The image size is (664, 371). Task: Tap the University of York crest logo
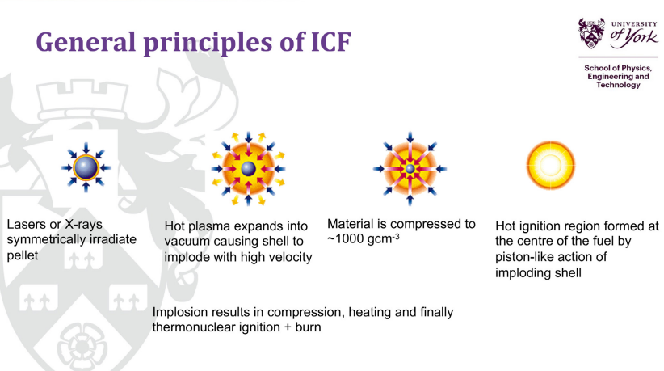coord(591,33)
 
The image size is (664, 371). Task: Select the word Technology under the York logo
coord(618,85)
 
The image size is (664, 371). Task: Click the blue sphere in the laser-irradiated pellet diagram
coord(86,167)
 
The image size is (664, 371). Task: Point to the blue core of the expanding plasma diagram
coord(249,169)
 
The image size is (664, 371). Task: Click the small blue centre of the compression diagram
coord(410,169)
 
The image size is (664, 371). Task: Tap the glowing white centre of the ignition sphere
coord(550,165)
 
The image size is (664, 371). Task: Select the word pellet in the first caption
coord(23,255)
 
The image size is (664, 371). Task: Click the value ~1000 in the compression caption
coord(346,239)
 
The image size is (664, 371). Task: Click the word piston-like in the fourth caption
coord(523,257)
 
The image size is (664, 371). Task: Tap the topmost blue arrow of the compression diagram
coord(410,138)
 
